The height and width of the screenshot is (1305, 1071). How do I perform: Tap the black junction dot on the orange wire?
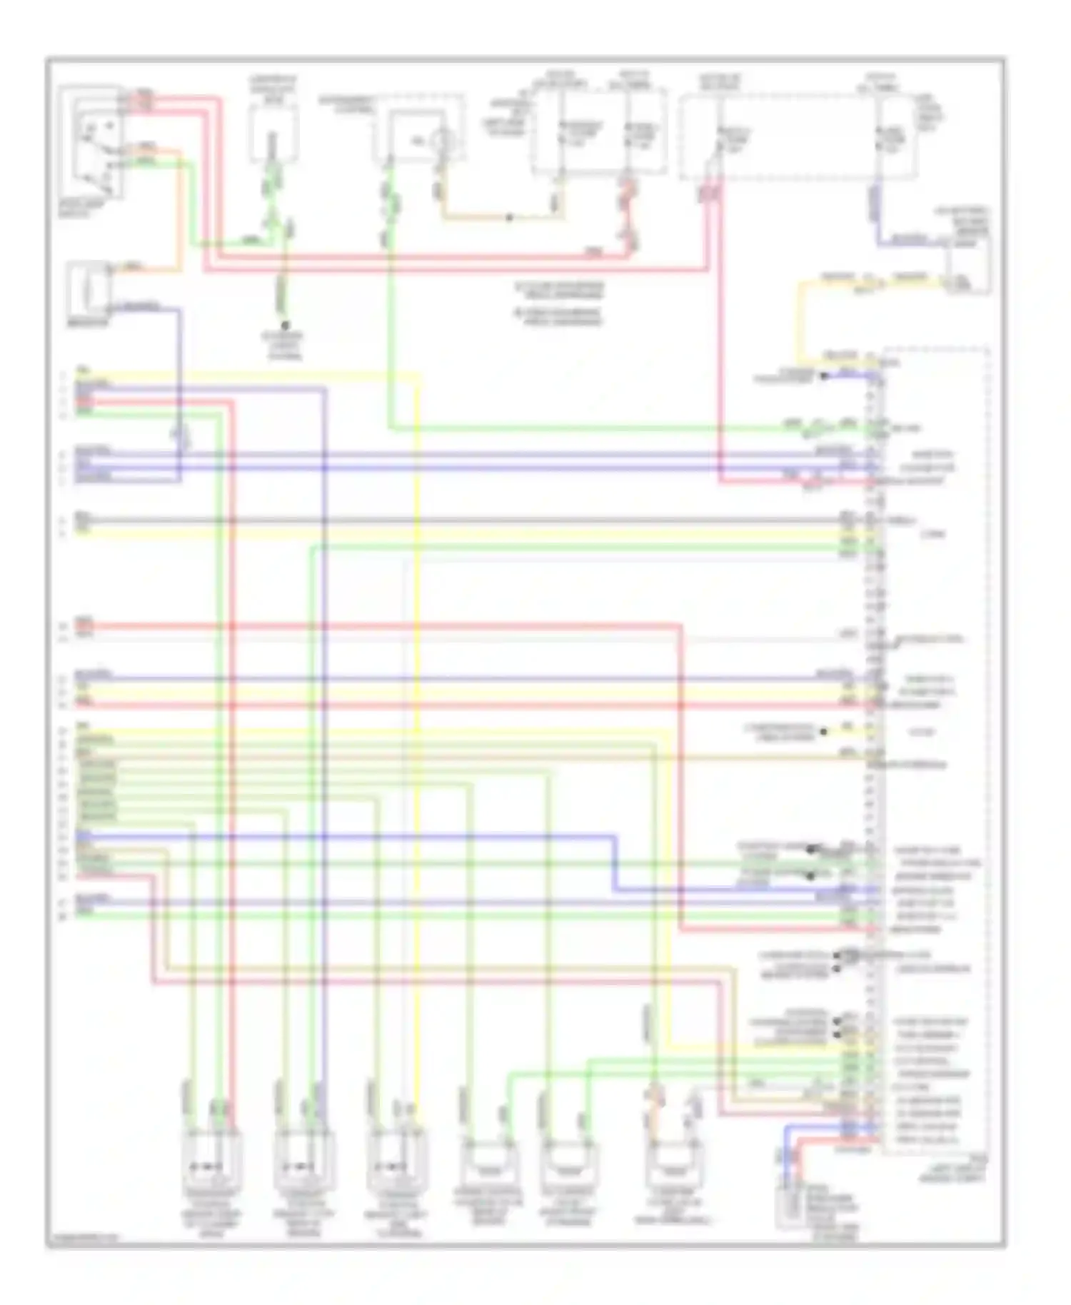[x=509, y=218]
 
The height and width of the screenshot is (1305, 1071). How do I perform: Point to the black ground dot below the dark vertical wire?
[x=284, y=326]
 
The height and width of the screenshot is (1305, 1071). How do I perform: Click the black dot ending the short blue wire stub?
[x=823, y=376]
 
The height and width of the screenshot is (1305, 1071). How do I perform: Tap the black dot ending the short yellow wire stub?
[x=823, y=732]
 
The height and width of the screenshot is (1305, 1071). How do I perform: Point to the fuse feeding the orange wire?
[x=560, y=136]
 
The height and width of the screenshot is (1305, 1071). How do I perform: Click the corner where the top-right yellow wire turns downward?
[x=800, y=284]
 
